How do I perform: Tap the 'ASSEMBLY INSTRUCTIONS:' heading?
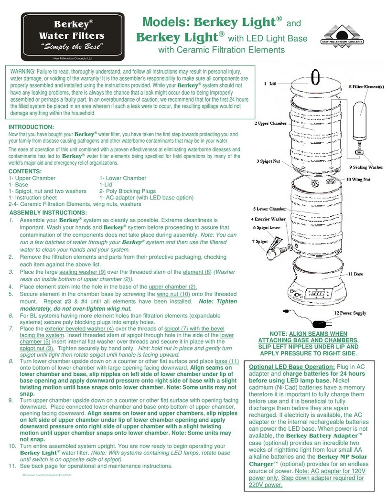pyautogui.click(x=48, y=212)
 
